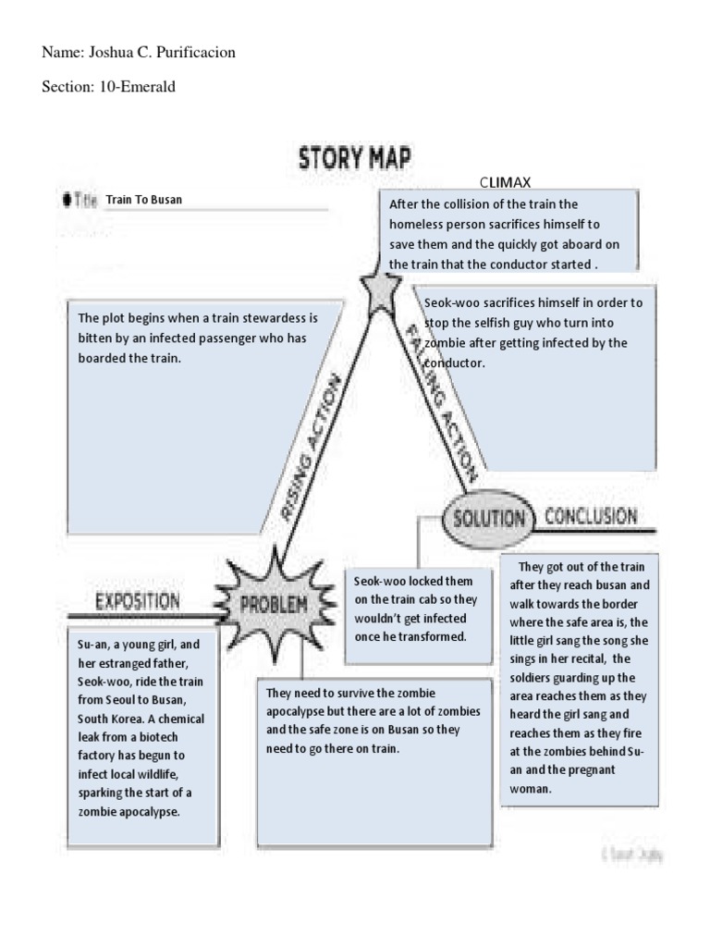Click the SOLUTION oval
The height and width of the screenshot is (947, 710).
click(488, 517)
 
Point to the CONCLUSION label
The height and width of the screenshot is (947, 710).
click(590, 516)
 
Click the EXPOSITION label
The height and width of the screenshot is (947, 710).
click(139, 602)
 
